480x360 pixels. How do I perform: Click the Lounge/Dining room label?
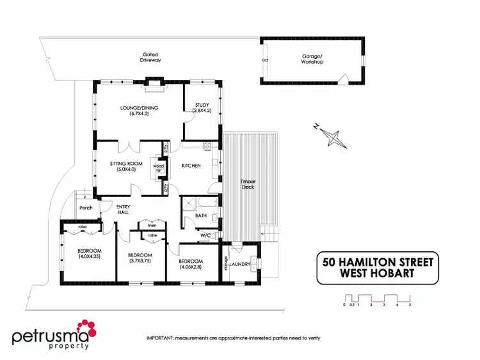coord(139,107)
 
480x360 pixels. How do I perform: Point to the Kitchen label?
coord(191,166)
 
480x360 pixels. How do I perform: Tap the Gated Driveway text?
coord(151,57)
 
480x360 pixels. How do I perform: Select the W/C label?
coord(205,235)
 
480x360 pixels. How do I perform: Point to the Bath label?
coord(200,216)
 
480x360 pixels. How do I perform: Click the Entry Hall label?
coord(123,208)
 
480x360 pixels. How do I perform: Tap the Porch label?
coord(86,208)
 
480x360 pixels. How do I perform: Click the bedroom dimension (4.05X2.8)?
coord(191,267)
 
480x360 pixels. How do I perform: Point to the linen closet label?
coord(152,224)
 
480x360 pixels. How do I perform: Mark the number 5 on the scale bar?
coord(410,305)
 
